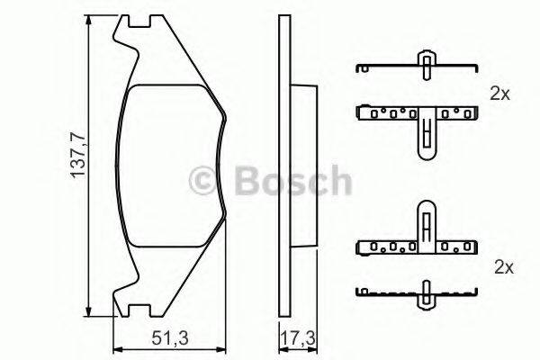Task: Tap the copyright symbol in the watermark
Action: point(208,180)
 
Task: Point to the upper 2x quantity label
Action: point(500,93)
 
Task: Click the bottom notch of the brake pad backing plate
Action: point(134,312)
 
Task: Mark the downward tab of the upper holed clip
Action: point(426,139)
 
